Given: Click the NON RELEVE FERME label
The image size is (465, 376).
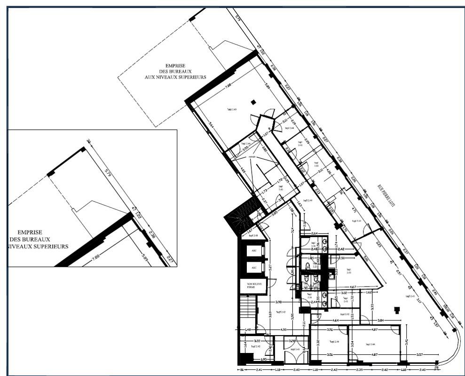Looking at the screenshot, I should pyautogui.click(x=248, y=285).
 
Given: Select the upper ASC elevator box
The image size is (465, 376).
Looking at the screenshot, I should pyautogui.click(x=254, y=250).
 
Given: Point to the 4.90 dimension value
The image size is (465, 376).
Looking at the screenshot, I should pyautogui.click(x=284, y=329).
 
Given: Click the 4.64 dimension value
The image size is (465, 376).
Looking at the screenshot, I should pyautogui.click(x=336, y=320).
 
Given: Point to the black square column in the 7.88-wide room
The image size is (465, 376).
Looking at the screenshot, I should pyautogui.click(x=253, y=102).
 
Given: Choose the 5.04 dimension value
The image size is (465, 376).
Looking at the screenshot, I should pyautogui.click(x=366, y=258).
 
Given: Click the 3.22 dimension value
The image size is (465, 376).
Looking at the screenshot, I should pyautogui.click(x=257, y=340).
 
